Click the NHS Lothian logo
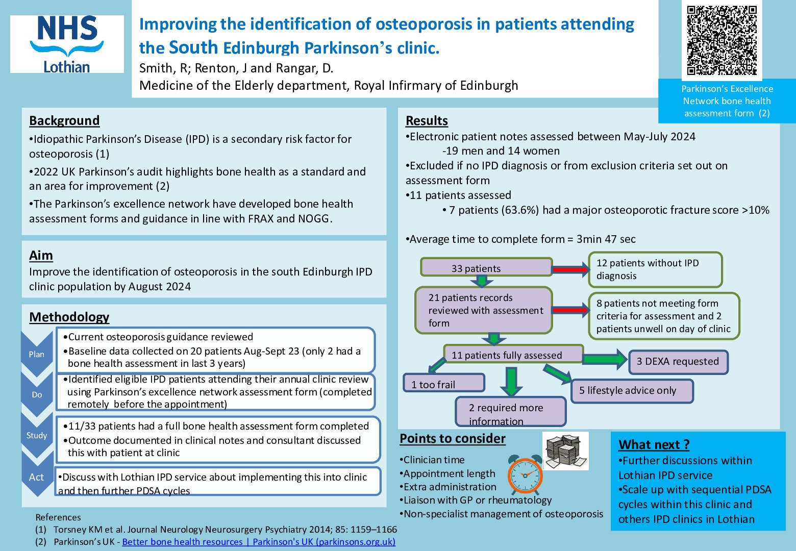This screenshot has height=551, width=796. pos(67,44)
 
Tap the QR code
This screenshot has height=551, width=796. pos(722,40)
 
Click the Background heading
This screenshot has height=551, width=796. pos(64,121)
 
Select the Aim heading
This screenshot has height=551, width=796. pos(41,256)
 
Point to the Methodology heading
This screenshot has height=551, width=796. pos(69,317)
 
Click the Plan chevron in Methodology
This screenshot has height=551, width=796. pos(36,354)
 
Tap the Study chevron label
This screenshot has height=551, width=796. pos(37,435)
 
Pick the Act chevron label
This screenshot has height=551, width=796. pos(36,477)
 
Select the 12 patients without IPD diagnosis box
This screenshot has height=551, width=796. pos(655,269)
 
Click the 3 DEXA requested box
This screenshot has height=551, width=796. pos(678,362)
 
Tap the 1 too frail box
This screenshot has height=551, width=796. pos(444,384)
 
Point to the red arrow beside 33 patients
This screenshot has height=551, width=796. pos(570,268)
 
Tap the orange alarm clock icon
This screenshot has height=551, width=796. pos(525,474)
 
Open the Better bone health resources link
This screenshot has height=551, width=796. pos(259,542)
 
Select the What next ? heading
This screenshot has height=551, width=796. pos(654,445)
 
